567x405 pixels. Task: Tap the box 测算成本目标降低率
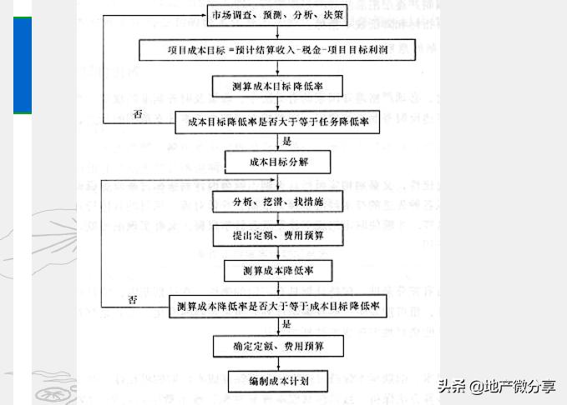(x=279, y=86)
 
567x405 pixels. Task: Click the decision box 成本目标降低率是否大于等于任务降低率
(x=279, y=122)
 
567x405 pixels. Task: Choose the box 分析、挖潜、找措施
(x=279, y=202)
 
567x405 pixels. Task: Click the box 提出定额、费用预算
(x=279, y=236)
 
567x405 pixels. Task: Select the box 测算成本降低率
(x=279, y=271)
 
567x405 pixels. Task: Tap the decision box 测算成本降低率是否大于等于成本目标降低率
(x=279, y=307)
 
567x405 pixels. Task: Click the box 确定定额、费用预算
(x=279, y=344)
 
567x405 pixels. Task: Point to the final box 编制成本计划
(x=279, y=380)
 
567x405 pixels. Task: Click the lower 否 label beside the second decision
(x=132, y=298)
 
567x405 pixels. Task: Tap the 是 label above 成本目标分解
(x=287, y=142)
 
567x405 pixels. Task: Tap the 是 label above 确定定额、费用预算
(x=287, y=325)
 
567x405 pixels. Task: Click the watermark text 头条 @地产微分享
(x=497, y=387)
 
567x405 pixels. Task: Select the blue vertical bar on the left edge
(x=23, y=64)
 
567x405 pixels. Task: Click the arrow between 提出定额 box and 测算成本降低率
(x=278, y=253)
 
